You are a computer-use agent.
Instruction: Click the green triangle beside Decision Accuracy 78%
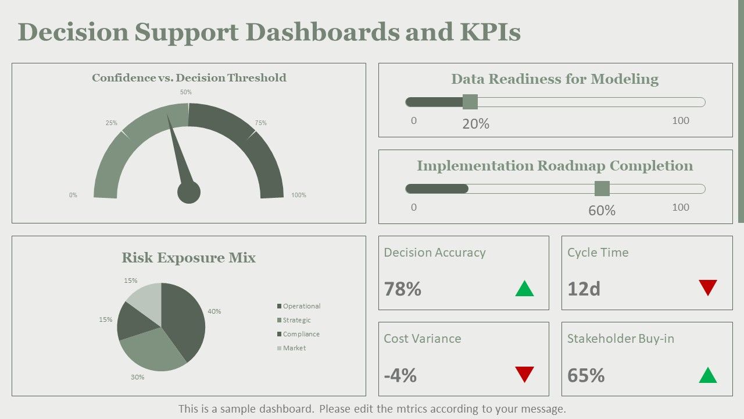click(x=524, y=288)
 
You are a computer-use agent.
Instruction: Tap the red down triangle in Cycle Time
click(x=708, y=287)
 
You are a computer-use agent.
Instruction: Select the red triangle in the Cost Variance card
click(x=524, y=374)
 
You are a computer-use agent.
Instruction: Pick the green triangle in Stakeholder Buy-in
click(x=708, y=375)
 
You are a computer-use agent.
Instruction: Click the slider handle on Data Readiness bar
click(x=470, y=102)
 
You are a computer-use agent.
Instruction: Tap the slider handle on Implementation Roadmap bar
click(x=602, y=189)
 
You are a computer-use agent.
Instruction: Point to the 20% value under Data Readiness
click(x=475, y=124)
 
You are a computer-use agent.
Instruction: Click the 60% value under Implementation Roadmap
click(x=602, y=211)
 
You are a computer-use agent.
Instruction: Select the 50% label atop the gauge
click(x=185, y=92)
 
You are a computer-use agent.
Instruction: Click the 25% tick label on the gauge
click(x=111, y=123)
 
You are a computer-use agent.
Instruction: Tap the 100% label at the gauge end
click(x=299, y=195)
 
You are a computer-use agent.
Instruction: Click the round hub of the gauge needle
click(x=189, y=192)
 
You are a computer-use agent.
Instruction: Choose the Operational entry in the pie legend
click(x=299, y=306)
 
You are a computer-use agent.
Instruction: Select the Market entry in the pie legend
click(x=291, y=348)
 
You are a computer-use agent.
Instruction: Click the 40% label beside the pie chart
click(x=214, y=311)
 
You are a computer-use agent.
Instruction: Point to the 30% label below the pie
click(x=137, y=378)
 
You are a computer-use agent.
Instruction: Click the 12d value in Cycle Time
click(x=584, y=289)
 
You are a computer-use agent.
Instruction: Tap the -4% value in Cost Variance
click(x=400, y=375)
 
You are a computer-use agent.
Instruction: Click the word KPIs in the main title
click(x=490, y=32)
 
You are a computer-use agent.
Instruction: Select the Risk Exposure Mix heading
click(x=189, y=258)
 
